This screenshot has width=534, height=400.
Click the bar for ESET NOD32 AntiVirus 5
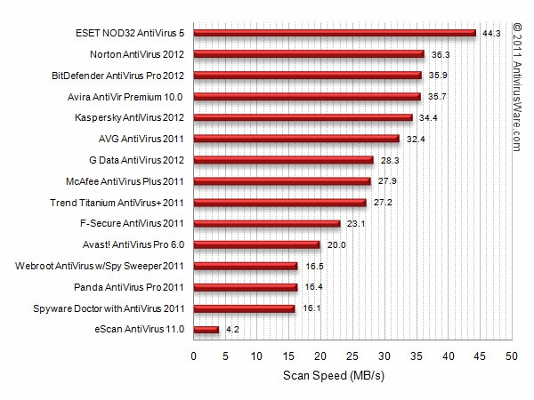coord(335,34)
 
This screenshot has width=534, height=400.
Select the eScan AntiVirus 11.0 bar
coord(206,330)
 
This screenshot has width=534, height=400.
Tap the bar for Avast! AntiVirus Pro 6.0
coord(257,244)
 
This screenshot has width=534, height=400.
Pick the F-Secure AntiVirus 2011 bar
coord(267,223)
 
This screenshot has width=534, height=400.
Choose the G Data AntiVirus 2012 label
coord(138,160)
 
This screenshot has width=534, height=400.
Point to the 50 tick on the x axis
coord(512,356)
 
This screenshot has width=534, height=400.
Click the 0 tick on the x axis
coord(194,356)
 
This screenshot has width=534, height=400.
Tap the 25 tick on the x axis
coord(352,356)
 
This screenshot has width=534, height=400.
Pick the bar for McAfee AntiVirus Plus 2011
coord(282,181)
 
